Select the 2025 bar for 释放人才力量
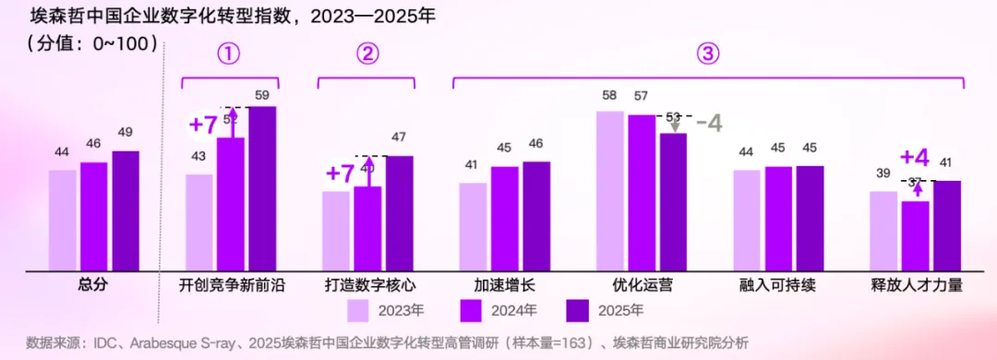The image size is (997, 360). (x=947, y=225)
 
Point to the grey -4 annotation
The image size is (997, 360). (x=708, y=123)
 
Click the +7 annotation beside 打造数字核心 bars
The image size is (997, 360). (x=340, y=173)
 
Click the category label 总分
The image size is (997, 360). (x=93, y=285)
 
